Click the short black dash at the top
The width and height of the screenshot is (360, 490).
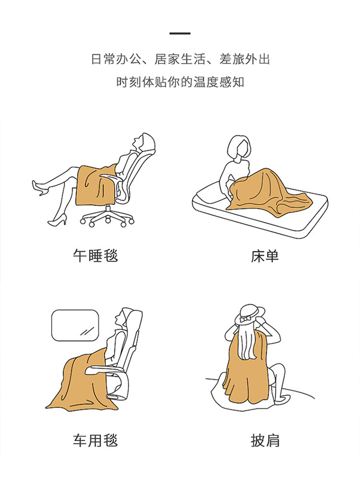[x=180, y=34]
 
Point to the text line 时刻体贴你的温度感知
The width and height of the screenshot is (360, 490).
[x=180, y=82]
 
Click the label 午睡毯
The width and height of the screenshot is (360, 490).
[x=95, y=256]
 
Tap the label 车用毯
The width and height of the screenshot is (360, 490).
[x=95, y=440]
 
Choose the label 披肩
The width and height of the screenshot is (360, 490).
[x=264, y=440]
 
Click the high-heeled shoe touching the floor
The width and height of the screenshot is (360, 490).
[x=57, y=222]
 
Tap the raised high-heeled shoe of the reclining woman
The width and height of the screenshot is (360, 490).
[x=39, y=188]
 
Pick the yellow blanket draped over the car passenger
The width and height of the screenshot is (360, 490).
[x=79, y=384]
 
